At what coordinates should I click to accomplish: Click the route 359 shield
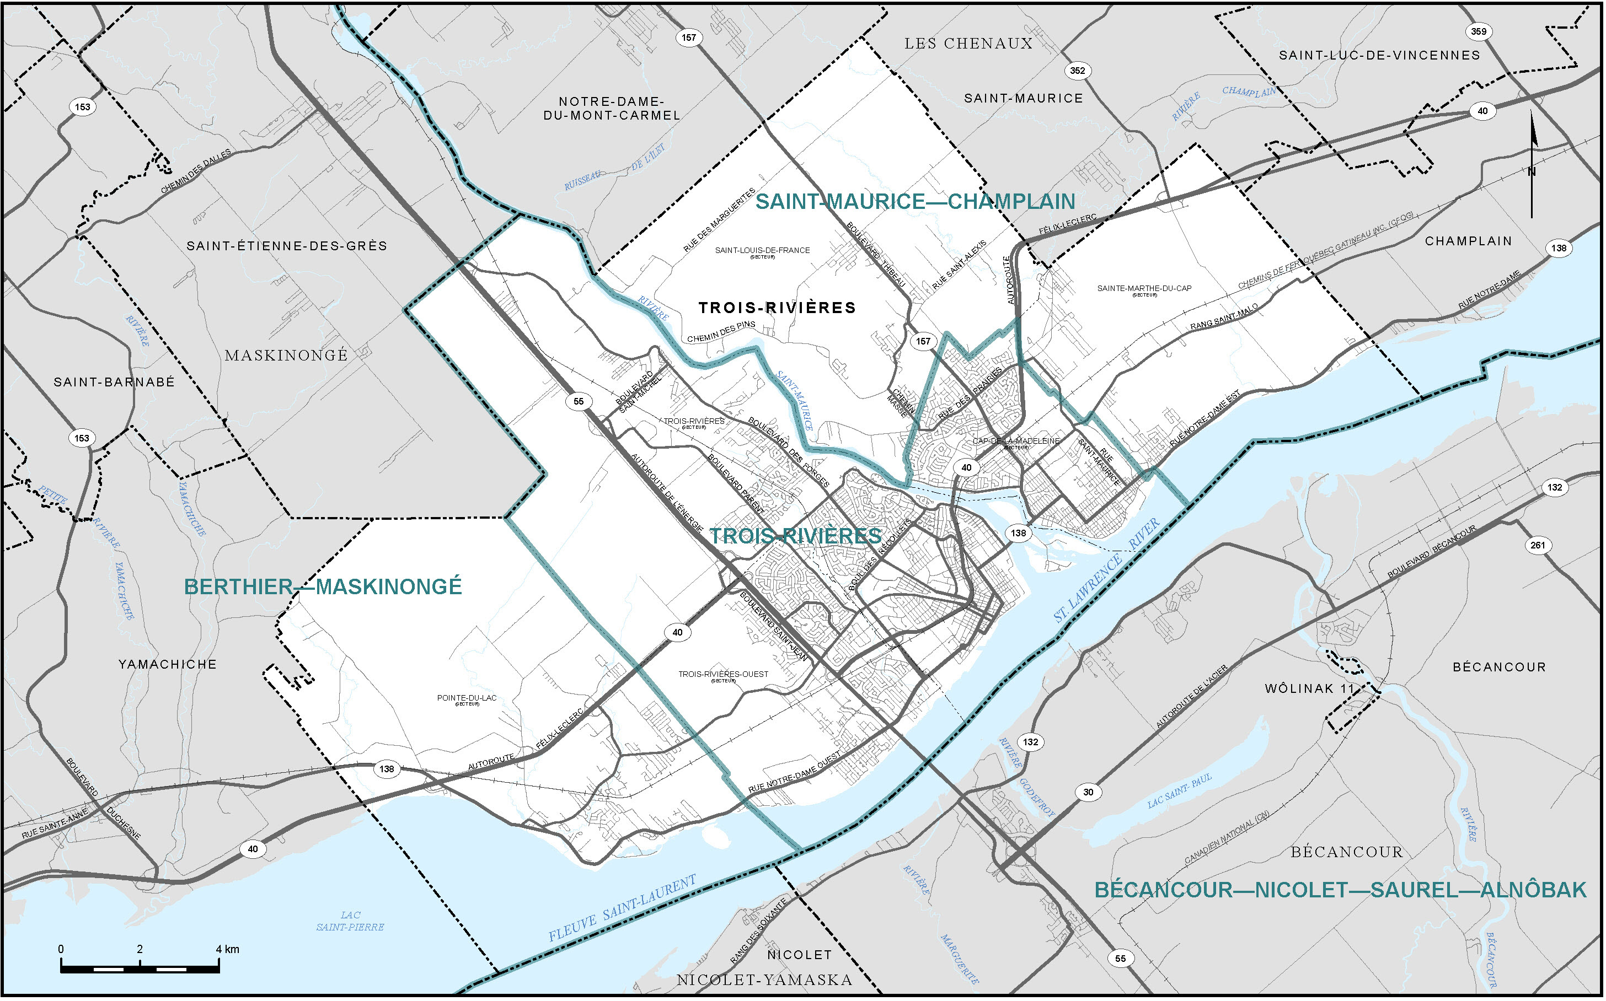pyautogui.click(x=1478, y=31)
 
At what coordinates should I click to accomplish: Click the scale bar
pyautogui.click(x=140, y=968)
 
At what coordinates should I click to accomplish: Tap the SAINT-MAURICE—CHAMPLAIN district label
pyautogui.click(x=916, y=202)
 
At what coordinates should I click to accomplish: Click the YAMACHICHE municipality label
pyautogui.click(x=168, y=665)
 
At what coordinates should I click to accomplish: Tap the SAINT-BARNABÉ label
pyautogui.click(x=114, y=383)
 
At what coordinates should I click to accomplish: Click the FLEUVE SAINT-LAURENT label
pyautogui.click(x=623, y=909)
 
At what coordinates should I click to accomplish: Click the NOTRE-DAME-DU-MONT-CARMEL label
pyautogui.click(x=611, y=109)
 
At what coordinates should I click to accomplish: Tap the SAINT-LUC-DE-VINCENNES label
pyautogui.click(x=1379, y=56)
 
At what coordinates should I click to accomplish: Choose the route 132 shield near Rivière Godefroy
pyautogui.click(x=1030, y=742)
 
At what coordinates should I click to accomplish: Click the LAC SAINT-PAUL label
pyautogui.click(x=1180, y=790)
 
